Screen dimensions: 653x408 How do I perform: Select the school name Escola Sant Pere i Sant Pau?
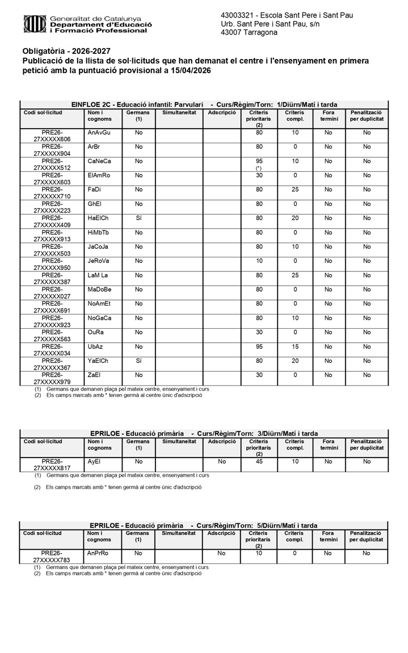coord(306,15)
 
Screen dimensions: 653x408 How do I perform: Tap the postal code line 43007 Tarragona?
coord(249,33)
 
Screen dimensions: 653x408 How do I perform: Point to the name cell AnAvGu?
coord(99,133)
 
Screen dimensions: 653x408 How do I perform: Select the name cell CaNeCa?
coord(99,161)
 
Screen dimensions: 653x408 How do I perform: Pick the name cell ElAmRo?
coord(99,175)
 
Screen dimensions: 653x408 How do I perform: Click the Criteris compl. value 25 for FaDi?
coord(295,189)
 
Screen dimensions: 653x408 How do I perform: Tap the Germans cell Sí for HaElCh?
coord(138,218)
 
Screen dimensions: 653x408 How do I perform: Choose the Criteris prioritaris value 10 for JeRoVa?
coord(259,261)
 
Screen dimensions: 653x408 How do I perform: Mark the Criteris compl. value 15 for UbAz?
coord(295,346)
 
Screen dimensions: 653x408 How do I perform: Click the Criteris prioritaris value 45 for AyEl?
coord(259,461)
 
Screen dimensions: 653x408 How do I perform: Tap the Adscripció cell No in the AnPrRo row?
coord(221,553)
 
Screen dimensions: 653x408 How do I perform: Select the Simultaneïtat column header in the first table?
coord(179,113)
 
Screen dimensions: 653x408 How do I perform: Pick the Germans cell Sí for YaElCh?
coord(138,361)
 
